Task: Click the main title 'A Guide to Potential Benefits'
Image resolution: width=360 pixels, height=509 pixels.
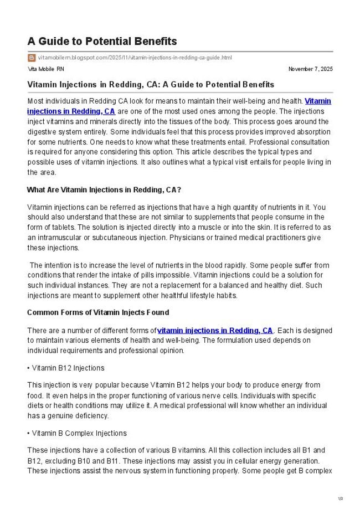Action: point(102,42)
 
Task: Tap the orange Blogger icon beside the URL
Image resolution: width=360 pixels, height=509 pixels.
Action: point(32,58)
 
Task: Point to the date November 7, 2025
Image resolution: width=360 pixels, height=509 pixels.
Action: point(310,69)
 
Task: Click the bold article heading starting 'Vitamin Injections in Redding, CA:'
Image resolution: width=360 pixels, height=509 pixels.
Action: point(151,85)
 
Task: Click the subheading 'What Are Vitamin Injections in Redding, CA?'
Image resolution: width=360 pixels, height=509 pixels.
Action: point(104,189)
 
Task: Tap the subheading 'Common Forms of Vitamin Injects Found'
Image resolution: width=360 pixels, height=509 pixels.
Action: point(98,312)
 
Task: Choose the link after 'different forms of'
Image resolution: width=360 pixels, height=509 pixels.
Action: point(215,330)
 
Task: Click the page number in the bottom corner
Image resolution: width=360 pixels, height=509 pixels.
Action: point(341,499)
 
